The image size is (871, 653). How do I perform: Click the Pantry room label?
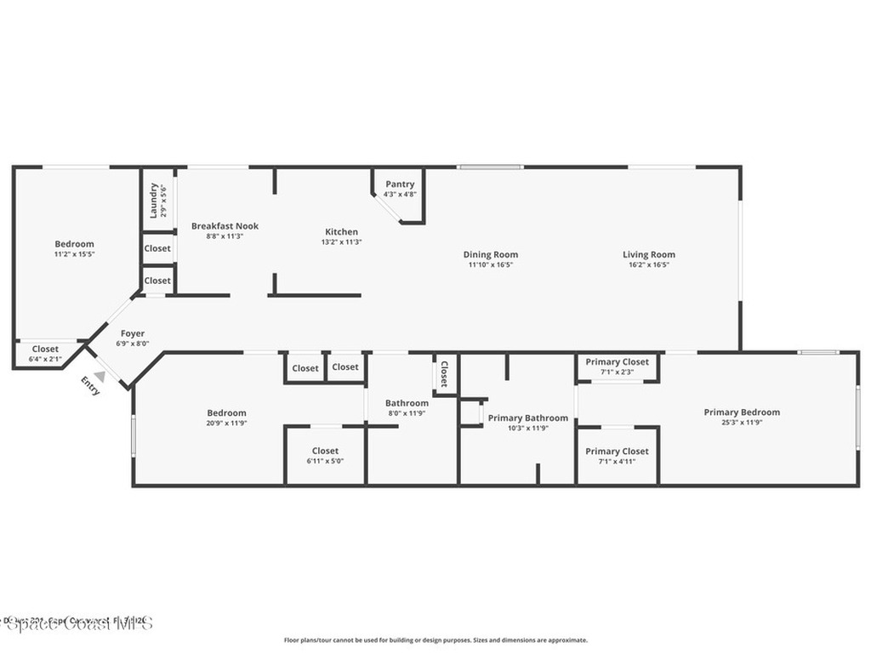click(x=400, y=184)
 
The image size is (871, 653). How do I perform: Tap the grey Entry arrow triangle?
click(x=100, y=376)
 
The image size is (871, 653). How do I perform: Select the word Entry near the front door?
click(x=90, y=386)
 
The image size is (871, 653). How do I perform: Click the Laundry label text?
click(x=154, y=200)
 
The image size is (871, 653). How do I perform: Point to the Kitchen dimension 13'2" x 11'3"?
click(x=341, y=242)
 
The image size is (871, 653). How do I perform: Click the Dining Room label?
click(x=490, y=254)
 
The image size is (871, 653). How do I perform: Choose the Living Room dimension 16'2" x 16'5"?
click(x=648, y=264)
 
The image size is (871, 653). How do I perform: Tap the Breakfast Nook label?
click(x=225, y=226)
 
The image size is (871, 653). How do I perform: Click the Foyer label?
click(x=132, y=333)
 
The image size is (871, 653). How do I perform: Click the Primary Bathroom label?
click(x=527, y=417)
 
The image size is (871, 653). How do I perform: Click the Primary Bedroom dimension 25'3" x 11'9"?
click(x=742, y=423)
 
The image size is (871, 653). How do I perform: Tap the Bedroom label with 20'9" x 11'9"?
click(x=226, y=412)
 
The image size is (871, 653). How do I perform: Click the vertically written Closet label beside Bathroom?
click(x=444, y=374)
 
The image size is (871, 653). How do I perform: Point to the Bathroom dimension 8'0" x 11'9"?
click(x=407, y=413)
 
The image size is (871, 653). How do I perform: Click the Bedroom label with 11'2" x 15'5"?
click(x=74, y=244)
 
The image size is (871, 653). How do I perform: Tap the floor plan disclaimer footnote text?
click(x=435, y=640)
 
